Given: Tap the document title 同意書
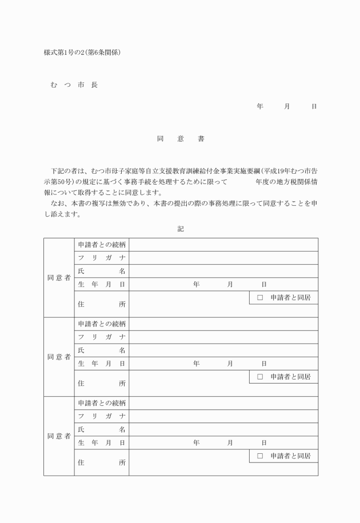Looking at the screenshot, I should coord(180,139).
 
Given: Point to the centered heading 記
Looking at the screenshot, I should coord(181,229).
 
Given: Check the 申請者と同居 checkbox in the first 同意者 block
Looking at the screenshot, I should coord(259,298).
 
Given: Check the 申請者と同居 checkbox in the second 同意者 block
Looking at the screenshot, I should coord(259,377).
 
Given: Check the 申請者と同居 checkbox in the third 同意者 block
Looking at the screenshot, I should coord(259,456).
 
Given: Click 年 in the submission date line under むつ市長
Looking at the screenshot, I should coord(260,107).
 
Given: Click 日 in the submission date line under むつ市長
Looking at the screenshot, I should coord(314,107).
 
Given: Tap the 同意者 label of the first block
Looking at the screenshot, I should coord(59,278).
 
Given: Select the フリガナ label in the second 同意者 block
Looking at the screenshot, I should coord(101,337).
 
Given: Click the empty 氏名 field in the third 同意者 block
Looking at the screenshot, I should coord(223,429).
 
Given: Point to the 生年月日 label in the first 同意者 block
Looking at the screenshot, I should coord(101,284).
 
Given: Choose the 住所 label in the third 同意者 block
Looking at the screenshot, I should coord(101,462).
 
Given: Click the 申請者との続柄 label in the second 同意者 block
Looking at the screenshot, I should coord(101,324).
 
